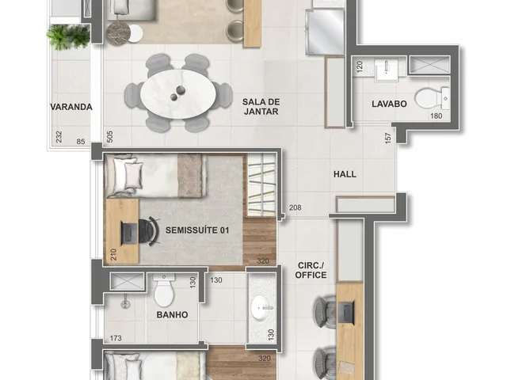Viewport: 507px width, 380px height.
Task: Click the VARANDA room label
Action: point(71,107)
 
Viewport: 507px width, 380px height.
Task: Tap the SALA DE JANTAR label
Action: point(261,107)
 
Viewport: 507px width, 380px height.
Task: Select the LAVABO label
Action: point(389,104)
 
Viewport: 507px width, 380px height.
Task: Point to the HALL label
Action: point(345,174)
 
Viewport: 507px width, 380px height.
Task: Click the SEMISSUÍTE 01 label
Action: point(197,230)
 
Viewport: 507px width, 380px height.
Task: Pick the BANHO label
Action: point(173,315)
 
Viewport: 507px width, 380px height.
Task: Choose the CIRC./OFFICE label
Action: point(311,270)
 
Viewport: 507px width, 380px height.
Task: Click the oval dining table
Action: point(178,94)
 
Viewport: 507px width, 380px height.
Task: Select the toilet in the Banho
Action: point(164,291)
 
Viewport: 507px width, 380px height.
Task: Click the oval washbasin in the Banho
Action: point(262,308)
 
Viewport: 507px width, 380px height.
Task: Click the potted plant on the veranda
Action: point(68,36)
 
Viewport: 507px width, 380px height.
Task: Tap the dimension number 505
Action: point(109,137)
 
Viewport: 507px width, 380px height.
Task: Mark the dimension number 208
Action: point(295,207)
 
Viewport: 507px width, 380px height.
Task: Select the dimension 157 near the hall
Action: point(388,138)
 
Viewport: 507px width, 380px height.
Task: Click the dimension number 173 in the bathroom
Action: point(116,338)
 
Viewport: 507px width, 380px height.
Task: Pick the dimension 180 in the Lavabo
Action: point(436,116)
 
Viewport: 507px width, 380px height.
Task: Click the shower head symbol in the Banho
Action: point(125,303)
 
